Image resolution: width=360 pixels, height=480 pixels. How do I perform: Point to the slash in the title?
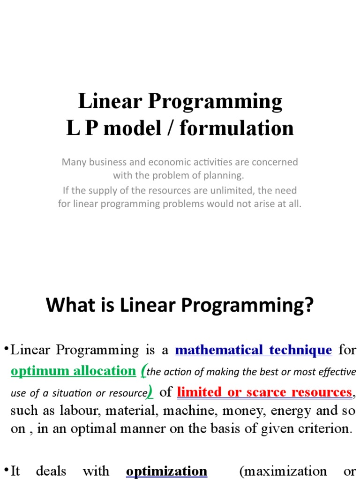170,128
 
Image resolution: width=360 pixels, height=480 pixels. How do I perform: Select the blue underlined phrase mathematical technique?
253,350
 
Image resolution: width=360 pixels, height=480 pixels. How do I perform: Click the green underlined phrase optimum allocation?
73,371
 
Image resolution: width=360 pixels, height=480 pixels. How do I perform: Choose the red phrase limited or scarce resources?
264,392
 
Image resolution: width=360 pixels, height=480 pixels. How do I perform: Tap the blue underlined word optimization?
166,471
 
